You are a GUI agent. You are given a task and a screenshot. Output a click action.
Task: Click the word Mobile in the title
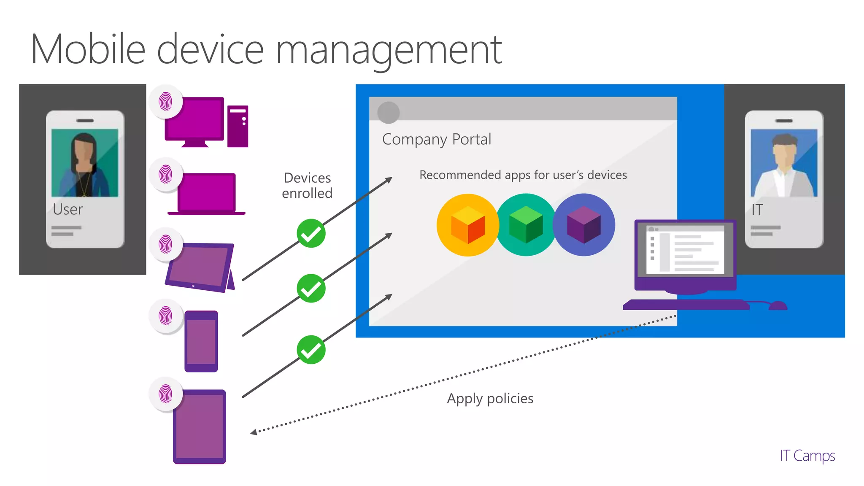tap(88, 49)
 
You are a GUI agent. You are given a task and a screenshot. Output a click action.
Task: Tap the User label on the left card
tap(67, 209)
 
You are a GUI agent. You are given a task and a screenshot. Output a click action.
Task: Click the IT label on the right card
tap(757, 210)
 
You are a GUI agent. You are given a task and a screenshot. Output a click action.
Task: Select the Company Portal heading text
tap(436, 139)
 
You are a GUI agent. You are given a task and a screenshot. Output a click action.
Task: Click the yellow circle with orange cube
tap(467, 225)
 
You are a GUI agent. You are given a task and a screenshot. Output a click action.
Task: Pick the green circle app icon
tap(526, 225)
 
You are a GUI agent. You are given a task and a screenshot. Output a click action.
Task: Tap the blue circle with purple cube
tap(584, 225)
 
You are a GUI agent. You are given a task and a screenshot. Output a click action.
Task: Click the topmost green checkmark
tap(311, 233)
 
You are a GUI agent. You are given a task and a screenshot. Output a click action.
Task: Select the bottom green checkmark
tap(311, 350)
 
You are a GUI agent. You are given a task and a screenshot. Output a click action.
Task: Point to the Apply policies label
tap(490, 398)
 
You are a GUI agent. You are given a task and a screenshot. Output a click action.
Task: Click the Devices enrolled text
tap(307, 186)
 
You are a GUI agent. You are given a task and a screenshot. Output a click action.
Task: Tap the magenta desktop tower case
tap(238, 126)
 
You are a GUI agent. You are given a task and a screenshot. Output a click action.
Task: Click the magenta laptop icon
tap(206, 194)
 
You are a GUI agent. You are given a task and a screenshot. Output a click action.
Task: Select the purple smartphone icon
tap(201, 341)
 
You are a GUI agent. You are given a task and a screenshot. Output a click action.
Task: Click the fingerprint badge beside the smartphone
tap(166, 316)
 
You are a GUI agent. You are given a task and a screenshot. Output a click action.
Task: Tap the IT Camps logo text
tap(807, 456)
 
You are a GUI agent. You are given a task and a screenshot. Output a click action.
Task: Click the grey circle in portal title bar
tap(388, 112)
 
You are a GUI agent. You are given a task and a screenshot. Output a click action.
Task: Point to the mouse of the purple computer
tap(778, 305)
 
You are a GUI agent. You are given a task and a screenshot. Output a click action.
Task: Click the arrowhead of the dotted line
tap(254, 432)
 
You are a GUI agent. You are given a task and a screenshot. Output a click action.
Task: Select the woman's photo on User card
tap(85, 163)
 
